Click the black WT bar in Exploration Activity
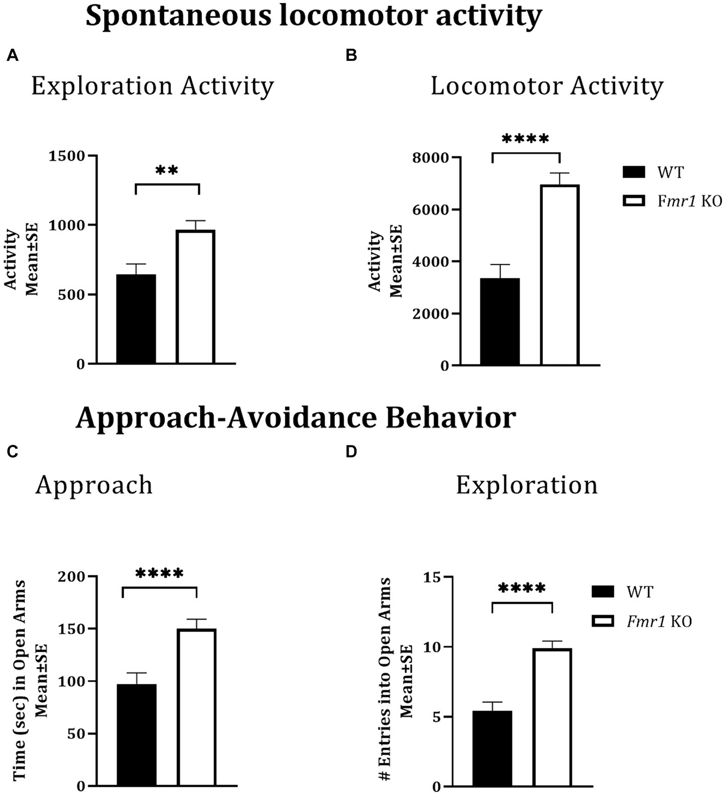coord(136,319)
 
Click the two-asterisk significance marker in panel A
coord(167,171)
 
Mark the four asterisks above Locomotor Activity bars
coord(526,139)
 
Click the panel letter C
coord(12,452)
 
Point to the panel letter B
coord(351,56)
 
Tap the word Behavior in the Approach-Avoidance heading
coord(450,418)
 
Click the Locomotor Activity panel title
coord(547,86)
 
